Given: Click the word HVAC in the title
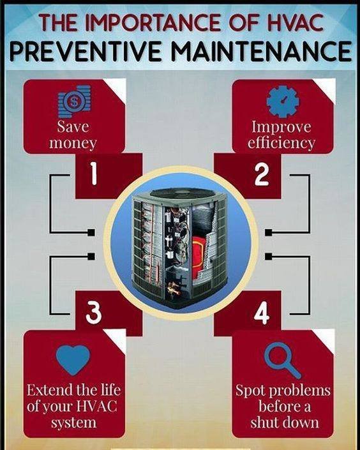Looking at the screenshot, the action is tap(296, 22).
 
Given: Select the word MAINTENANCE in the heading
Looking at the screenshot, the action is tap(262, 51).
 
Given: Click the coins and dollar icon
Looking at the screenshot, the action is tap(74, 101).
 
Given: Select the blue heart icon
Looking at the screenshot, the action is tap(73, 360).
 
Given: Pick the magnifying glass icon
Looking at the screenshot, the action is tap(283, 360).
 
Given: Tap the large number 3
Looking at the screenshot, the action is tap(94, 313).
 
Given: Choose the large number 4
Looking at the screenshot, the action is tap(262, 313).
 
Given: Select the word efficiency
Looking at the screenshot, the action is tap(281, 142).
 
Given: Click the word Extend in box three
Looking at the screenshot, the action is tap(49, 390).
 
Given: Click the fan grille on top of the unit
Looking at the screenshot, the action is tap(180, 193).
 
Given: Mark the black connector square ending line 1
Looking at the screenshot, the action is tap(91, 232).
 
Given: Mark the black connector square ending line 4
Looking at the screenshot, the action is tap(268, 257).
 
